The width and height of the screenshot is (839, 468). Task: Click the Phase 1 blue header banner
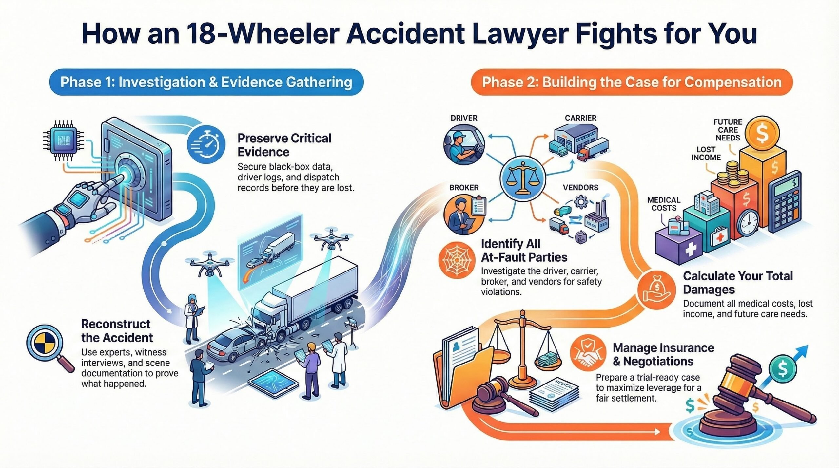click(206, 82)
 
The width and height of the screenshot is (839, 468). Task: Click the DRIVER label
click(464, 118)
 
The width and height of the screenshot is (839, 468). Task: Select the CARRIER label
click(580, 118)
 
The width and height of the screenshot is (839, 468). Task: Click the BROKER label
click(464, 188)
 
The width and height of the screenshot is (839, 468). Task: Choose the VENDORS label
click(580, 188)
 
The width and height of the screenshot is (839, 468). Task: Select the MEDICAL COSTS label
click(664, 204)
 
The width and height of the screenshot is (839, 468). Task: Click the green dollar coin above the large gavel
click(782, 369)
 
